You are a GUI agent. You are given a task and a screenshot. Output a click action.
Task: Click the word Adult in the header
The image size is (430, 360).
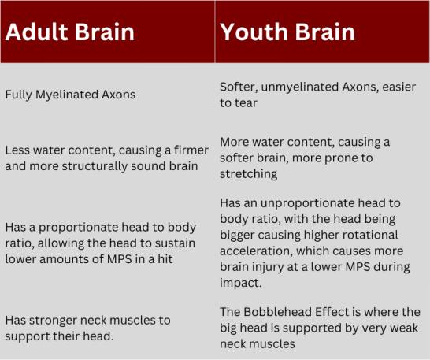(x=36, y=32)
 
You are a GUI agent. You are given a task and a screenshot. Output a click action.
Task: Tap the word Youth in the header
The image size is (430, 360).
(x=254, y=32)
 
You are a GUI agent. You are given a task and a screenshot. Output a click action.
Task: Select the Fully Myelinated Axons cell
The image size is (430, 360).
(x=70, y=95)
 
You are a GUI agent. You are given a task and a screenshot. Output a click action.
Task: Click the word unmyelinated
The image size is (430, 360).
(x=299, y=87)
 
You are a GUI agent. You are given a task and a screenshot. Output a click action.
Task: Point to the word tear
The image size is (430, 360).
(x=247, y=103)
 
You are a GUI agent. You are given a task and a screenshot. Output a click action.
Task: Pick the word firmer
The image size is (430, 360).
(x=191, y=150)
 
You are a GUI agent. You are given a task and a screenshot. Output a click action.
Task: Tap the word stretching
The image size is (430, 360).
(x=248, y=174)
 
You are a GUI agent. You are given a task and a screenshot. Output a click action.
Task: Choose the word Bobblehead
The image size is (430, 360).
(x=277, y=312)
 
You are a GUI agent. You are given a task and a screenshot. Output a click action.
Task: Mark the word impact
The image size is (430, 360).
(x=240, y=284)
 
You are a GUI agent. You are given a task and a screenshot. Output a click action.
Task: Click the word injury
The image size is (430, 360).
(x=266, y=268)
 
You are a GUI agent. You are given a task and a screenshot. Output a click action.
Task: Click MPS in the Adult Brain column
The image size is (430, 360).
(x=119, y=259)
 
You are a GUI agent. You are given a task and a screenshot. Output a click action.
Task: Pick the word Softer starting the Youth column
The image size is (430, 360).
(x=239, y=87)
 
